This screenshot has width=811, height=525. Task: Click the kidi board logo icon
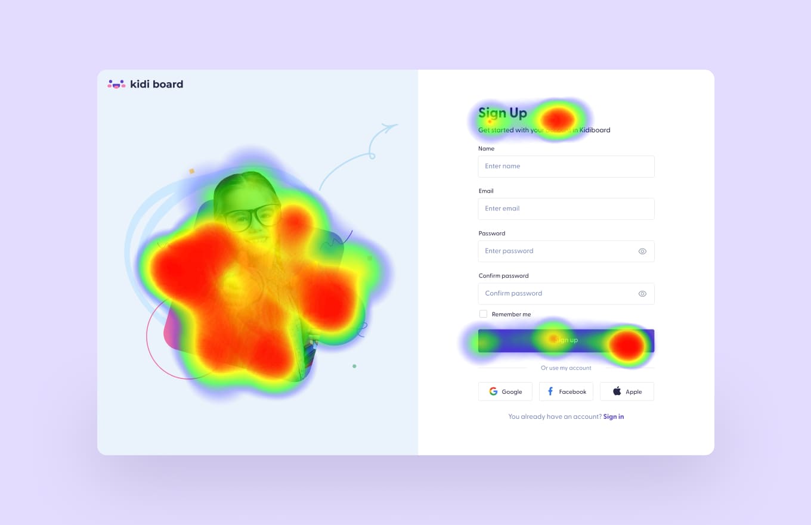[x=116, y=84]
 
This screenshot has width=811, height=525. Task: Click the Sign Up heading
[x=502, y=113]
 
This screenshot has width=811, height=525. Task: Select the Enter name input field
[x=566, y=166]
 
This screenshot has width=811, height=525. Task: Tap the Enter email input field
[x=566, y=209]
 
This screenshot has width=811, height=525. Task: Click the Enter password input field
[x=555, y=251]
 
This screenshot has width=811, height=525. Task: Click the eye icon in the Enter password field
[x=642, y=251]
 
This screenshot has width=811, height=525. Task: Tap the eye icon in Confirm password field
[x=642, y=294]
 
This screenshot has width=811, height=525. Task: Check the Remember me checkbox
[x=484, y=314]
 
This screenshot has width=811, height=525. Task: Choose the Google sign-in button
[x=505, y=392]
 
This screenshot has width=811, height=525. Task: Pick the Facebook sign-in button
[x=566, y=392]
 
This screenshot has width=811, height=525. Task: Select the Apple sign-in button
[x=627, y=392]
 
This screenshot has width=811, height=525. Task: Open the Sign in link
[x=614, y=417]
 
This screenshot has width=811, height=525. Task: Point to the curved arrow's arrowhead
[x=391, y=126]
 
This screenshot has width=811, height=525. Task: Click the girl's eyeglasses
[x=252, y=216]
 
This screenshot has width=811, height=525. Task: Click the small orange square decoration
[x=192, y=171]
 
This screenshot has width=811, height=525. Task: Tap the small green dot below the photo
[x=354, y=366]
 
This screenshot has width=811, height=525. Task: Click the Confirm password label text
[x=503, y=276]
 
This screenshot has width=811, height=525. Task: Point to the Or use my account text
[x=566, y=368]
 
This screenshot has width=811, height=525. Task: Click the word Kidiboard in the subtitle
[x=595, y=130]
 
